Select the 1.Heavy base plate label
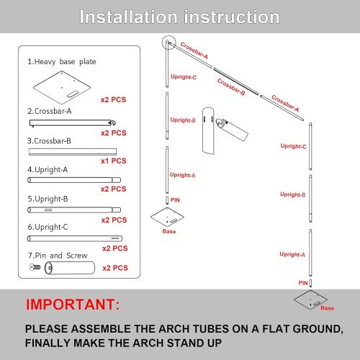61,62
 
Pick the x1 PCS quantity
114,161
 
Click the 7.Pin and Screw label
55,255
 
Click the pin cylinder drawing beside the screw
71,268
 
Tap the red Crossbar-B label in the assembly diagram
231,88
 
